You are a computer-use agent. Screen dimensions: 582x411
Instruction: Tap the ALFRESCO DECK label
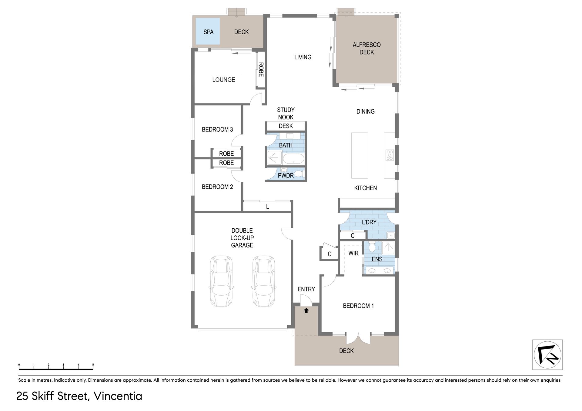point(366,48)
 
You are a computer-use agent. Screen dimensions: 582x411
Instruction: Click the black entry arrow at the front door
point(306,310)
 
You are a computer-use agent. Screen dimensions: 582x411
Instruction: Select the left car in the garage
point(221,281)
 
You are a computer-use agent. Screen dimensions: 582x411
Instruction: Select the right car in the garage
point(264,281)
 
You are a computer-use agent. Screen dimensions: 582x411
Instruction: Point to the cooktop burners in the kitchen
point(390,155)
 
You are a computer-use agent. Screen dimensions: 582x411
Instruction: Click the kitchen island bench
point(360,155)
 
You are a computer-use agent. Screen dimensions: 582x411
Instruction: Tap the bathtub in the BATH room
point(293,159)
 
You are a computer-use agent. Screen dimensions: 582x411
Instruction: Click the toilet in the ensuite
point(372,247)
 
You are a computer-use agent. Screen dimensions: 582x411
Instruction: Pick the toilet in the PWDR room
point(299,174)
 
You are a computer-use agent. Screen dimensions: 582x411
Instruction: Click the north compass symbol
point(547,355)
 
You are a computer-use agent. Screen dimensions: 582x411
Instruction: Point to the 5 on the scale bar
point(93,365)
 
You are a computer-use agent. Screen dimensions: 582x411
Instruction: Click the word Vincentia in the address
point(118,396)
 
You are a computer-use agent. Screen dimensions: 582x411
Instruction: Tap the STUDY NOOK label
point(286,114)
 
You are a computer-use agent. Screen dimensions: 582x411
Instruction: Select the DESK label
point(286,126)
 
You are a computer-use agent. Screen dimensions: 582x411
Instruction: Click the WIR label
point(353,253)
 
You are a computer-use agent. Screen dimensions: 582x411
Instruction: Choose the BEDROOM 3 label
point(217,129)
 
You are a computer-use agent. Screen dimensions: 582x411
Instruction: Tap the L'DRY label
point(369,222)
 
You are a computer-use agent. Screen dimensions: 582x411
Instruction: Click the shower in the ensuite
point(388,248)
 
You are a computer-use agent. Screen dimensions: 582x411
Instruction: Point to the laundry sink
point(391,235)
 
